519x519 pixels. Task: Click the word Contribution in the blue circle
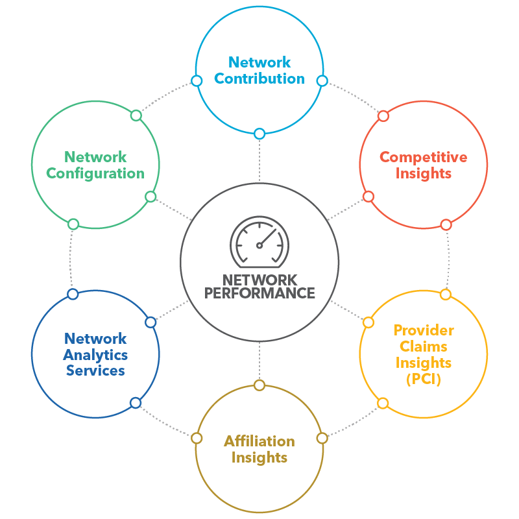coord(259,79)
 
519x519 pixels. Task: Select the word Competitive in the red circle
coord(423,157)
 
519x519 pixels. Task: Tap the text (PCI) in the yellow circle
coord(423,380)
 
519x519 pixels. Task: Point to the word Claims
coord(423,346)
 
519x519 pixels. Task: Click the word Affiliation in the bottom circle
coord(259,441)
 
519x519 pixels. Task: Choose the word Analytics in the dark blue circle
coord(95,355)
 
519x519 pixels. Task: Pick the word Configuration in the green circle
coord(95,173)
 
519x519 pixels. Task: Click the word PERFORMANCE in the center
coord(259,293)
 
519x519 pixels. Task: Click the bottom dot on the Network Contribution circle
coord(259,134)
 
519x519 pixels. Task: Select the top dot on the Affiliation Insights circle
coord(259,385)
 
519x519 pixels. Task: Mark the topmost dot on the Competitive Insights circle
coord(383,116)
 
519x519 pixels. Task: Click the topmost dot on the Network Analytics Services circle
coord(73,295)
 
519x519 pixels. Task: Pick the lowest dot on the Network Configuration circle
coord(73,224)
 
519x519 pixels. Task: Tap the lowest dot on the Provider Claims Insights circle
coord(383,403)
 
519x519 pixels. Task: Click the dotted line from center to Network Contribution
coord(259,159)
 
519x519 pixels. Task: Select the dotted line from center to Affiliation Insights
coord(259,360)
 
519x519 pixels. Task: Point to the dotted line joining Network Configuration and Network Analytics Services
coord(72,259)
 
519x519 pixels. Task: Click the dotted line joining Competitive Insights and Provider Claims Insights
coord(448,259)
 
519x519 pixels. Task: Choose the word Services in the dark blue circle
coord(95,371)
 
